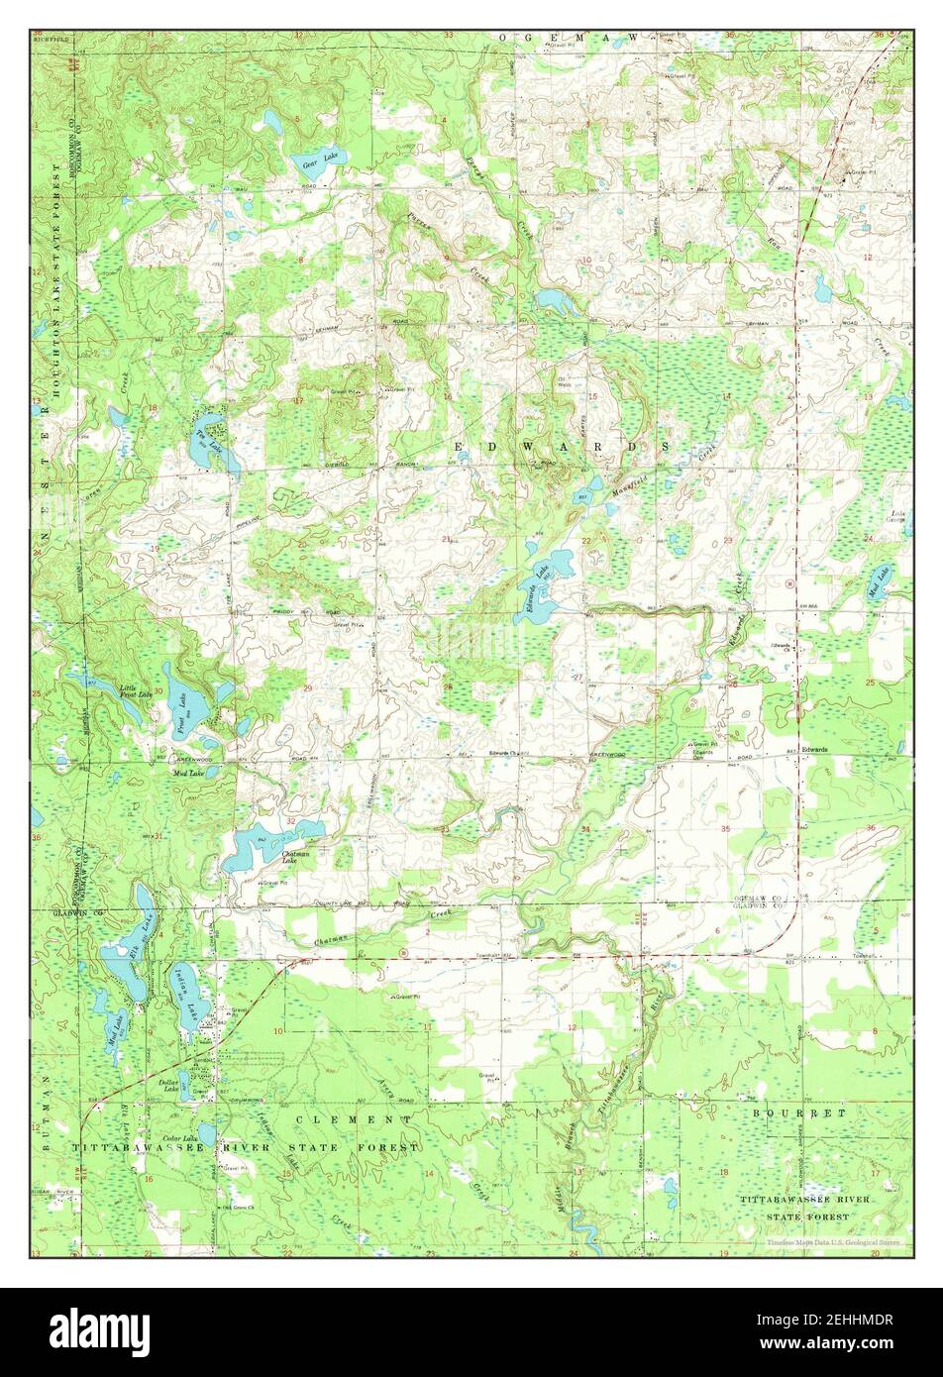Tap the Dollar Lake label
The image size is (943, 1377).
click(x=167, y=1087)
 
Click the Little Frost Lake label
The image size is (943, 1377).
click(x=136, y=690)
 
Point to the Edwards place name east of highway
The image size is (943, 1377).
click(x=815, y=748)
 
